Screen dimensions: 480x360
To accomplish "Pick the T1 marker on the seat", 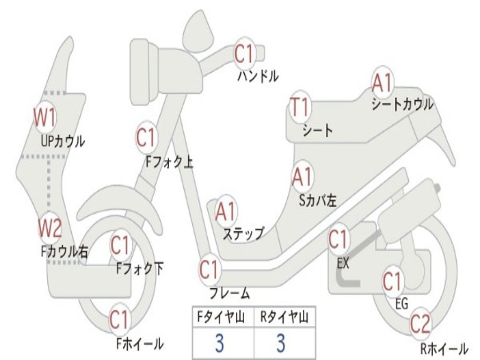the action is pos(300,107).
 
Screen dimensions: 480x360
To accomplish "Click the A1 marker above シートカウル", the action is pos(382,83).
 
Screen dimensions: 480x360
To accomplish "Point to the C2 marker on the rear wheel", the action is pos(420,324).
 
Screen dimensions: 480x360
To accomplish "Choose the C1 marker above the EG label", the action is pos(393,281).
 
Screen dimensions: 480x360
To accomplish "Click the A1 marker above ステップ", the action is pos(226,212).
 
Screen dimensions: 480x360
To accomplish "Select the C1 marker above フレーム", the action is pos(210,270).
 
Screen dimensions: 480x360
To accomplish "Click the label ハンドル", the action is pos(258,76).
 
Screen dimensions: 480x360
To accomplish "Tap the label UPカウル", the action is pos(63,141).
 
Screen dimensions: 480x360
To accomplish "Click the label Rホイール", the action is pos(443,348).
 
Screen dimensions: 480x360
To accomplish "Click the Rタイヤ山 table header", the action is pos(284,318).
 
